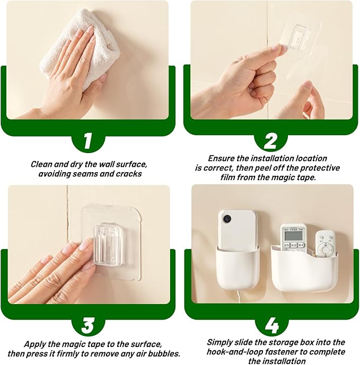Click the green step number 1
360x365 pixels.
(x=87, y=141)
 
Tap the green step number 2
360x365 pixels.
(x=270, y=141)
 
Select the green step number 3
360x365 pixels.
(x=87, y=325)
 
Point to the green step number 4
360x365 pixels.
(x=271, y=325)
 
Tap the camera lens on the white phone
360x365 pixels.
(x=227, y=218)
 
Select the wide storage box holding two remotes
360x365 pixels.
(x=304, y=270)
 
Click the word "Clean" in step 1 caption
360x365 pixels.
(x=41, y=164)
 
